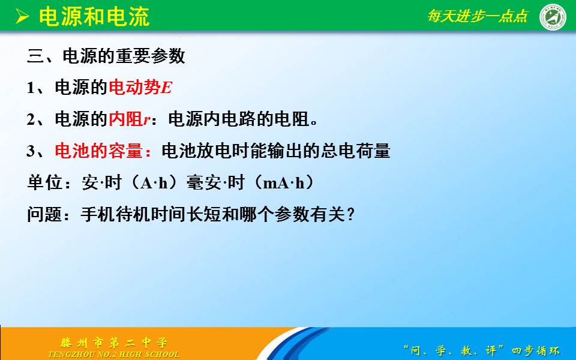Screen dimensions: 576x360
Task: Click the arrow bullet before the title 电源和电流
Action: pyautogui.click(x=22, y=17)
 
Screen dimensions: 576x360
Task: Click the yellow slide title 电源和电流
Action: pyautogui.click(x=94, y=17)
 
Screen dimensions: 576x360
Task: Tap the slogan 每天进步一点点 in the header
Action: pyautogui.click(x=478, y=16)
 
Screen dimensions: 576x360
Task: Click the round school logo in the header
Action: pyautogui.click(x=553, y=17)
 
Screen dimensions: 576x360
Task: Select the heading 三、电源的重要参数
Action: pyautogui.click(x=106, y=56)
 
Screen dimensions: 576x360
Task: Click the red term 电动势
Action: pyautogui.click(x=135, y=88)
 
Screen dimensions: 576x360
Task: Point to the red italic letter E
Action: pyautogui.click(x=167, y=88)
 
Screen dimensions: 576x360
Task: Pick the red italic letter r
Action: pyautogui.click(x=147, y=121)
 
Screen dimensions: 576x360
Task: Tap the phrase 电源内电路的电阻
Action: pyautogui.click(x=239, y=119)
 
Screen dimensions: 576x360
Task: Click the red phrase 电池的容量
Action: pyautogui.click(x=98, y=151)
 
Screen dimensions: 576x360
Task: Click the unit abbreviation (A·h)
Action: pyautogui.click(x=154, y=182)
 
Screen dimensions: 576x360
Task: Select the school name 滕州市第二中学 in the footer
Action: pyautogui.click(x=114, y=343)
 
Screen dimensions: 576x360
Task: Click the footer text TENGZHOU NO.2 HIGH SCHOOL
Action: pyautogui.click(x=114, y=355)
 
